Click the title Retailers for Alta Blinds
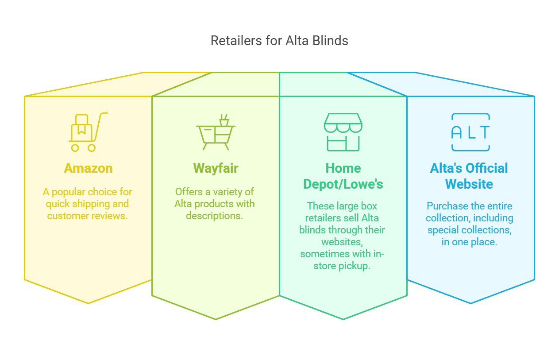point(279,41)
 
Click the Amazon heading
point(89,168)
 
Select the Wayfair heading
point(216,168)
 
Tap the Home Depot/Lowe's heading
point(343,176)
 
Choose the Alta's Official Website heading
point(469,176)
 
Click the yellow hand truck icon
point(89,132)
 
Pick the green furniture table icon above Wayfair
point(216,132)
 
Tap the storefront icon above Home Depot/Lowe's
point(343,132)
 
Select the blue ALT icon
point(470,132)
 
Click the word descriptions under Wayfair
point(214,216)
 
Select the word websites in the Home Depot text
point(342,242)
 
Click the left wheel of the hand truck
point(75,148)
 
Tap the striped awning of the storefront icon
point(343,123)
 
